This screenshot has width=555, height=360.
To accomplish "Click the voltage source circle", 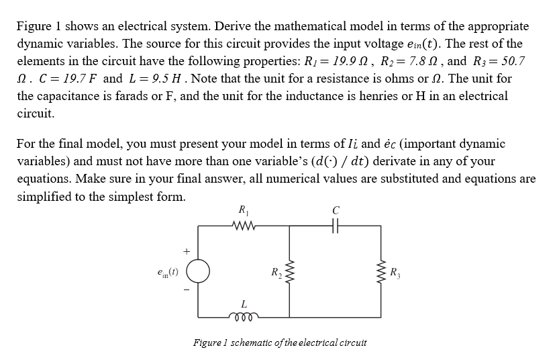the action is (x=198, y=272).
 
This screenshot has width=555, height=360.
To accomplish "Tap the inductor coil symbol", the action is (x=242, y=316).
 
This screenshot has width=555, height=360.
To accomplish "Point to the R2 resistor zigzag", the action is (x=289, y=272).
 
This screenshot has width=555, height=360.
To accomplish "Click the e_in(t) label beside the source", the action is (x=165, y=272).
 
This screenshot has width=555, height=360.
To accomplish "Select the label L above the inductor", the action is (x=242, y=304).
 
